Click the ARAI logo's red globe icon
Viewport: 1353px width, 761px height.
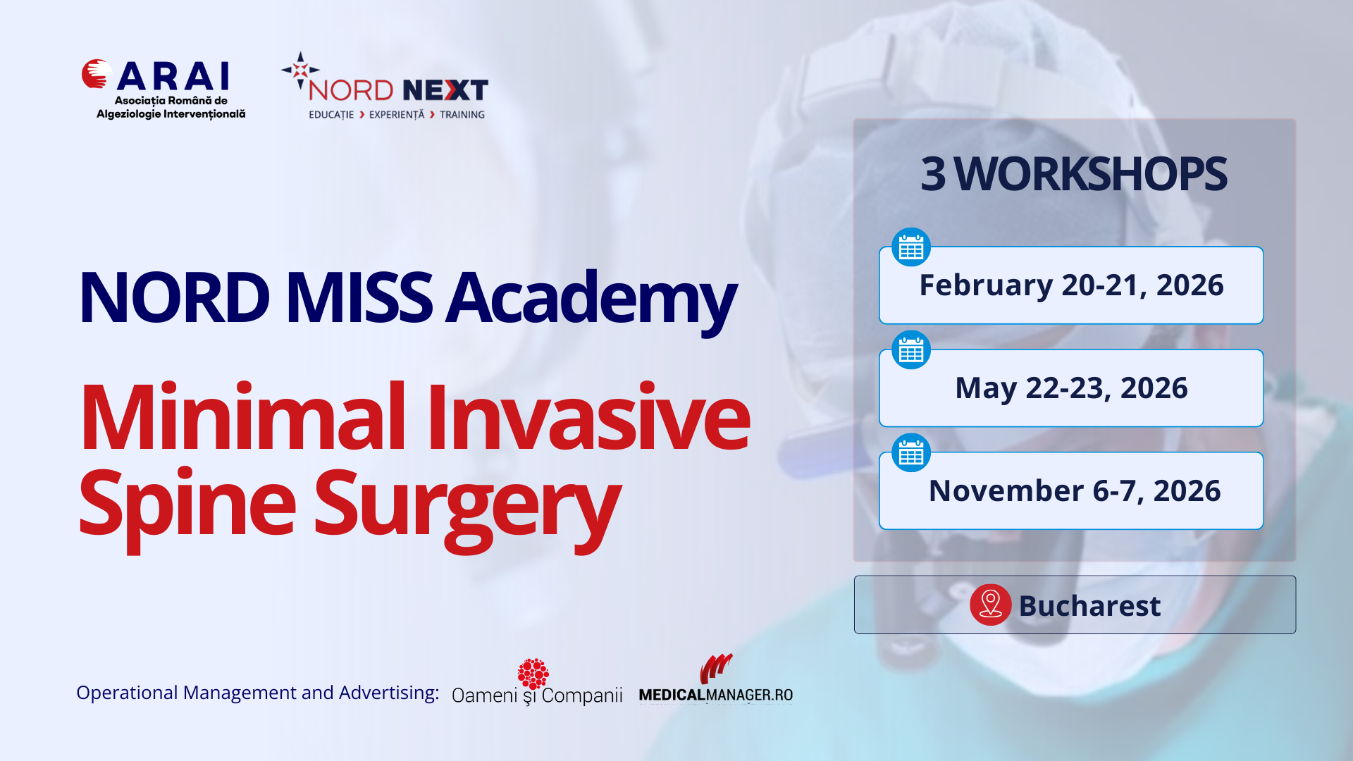click(x=97, y=74)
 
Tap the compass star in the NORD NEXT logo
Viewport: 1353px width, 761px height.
click(x=300, y=70)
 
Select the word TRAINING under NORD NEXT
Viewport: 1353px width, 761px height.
click(x=462, y=115)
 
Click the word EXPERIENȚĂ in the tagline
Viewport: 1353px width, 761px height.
click(x=397, y=115)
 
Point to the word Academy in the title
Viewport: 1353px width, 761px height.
click(x=591, y=298)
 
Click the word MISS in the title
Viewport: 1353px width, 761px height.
click(x=359, y=298)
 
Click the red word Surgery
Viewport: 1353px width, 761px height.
click(x=468, y=507)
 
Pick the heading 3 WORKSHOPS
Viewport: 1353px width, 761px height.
click(x=1073, y=173)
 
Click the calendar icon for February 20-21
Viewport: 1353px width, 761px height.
click(x=911, y=247)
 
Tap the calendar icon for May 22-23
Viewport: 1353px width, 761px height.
click(x=911, y=350)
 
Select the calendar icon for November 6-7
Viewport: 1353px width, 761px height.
click(x=911, y=452)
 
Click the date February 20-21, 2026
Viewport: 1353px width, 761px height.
click(x=1072, y=285)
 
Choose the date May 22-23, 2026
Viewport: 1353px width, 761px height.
click(x=1072, y=388)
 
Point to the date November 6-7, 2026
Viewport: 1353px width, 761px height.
click(x=1075, y=490)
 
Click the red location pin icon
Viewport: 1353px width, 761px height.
click(x=991, y=605)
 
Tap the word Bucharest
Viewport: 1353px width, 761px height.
click(x=1089, y=606)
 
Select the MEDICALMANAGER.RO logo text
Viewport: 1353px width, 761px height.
click(x=716, y=695)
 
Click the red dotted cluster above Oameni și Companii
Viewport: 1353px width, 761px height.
click(x=533, y=674)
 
